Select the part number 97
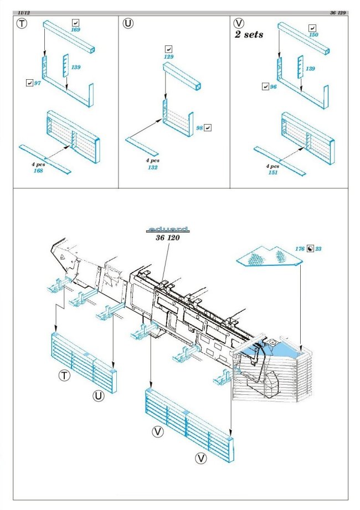pos(38,83)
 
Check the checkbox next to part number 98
pos(208,127)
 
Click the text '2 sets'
pos(248,34)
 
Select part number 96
pos(273,87)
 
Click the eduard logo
pos(168,229)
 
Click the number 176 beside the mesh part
pos(300,249)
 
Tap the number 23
pos(318,249)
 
